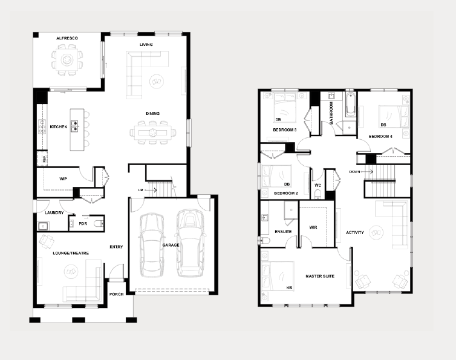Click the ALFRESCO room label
pos(67,38)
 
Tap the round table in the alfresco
pos(67,60)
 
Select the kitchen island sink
pos(74,126)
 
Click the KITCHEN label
pos(59,127)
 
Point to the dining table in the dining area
pos(152,133)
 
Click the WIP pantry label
pos(63,178)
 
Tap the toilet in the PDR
pos(98,224)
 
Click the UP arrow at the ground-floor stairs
pos(151,190)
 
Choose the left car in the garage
pos(151,245)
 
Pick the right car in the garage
pos(191,243)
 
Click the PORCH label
pos(116,294)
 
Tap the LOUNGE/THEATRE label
pos(71,253)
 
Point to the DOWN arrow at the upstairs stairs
pos(367,172)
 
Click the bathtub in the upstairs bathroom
pos(350,105)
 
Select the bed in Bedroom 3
pos(285,106)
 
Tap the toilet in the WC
pos(318,194)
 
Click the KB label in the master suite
pos(289,288)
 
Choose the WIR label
pos(313,227)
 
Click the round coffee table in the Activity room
pos(376,232)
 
